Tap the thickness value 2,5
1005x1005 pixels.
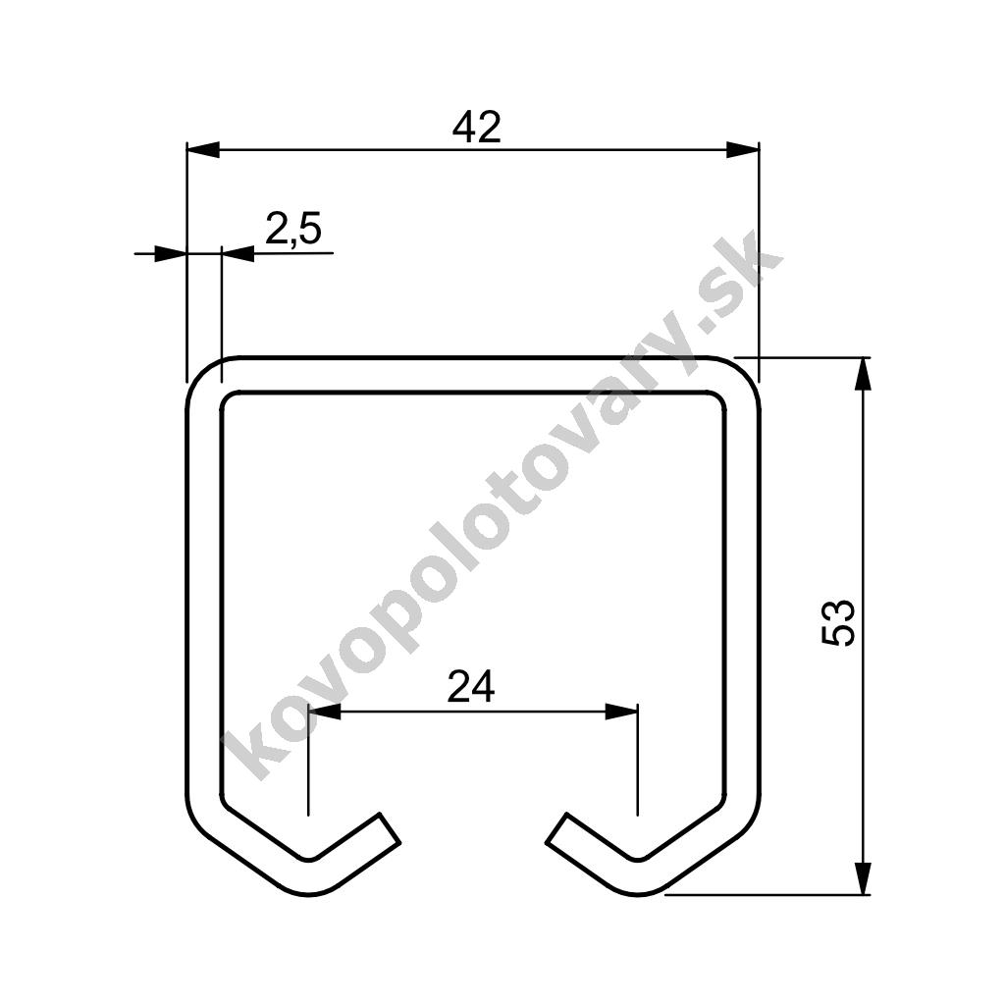coord(292,229)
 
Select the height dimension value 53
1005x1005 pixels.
coord(838,623)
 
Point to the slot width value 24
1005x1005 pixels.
coord(471,686)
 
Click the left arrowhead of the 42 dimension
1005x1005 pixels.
coord(202,150)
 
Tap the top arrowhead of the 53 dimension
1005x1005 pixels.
coord(864,374)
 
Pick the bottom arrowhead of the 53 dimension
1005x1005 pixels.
coord(864,877)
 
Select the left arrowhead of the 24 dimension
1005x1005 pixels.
coord(325,711)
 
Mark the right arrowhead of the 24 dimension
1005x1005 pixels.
coord(621,711)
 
